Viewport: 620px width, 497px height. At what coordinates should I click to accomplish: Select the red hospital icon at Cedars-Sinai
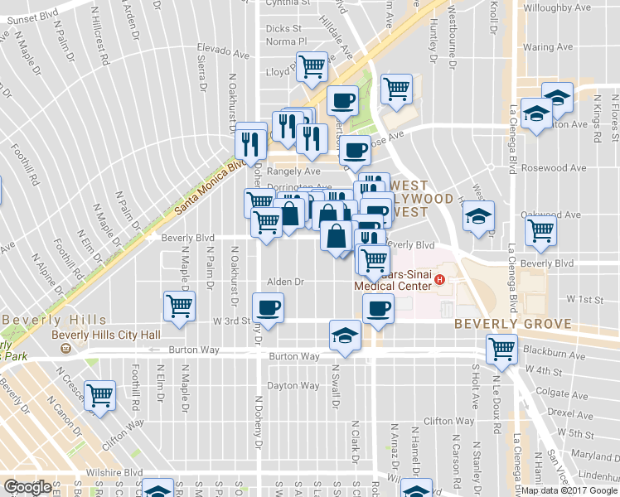[440, 280]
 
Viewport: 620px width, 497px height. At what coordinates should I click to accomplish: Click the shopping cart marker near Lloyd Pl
[312, 67]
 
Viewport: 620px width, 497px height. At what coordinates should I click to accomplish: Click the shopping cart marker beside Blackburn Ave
[501, 349]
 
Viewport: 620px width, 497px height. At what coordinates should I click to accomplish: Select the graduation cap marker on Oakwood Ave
[478, 217]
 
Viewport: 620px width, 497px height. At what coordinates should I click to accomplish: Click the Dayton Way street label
[293, 386]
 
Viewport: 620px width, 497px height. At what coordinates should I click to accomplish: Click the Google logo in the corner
[28, 487]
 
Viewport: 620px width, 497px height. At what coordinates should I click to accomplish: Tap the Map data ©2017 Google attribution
[569, 490]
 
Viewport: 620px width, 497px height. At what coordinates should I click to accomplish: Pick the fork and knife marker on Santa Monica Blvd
[249, 144]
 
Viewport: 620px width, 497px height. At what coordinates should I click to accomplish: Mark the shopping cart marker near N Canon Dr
[100, 395]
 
